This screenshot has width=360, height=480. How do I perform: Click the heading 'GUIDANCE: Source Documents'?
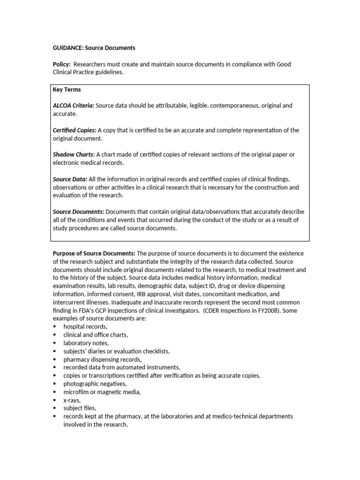[x=94, y=48]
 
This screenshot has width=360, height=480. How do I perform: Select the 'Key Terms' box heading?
[x=67, y=90]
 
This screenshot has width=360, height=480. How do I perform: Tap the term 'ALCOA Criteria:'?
[x=74, y=105]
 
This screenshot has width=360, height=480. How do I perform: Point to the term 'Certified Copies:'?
[x=75, y=130]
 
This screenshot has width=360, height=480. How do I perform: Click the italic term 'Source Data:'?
[x=70, y=179]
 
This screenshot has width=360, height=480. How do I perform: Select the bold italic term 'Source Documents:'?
[x=78, y=212]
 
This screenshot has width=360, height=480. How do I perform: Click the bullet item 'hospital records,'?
[x=85, y=327]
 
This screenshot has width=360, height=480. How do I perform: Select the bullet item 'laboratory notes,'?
[x=86, y=343]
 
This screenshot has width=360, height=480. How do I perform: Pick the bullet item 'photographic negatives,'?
[x=95, y=383]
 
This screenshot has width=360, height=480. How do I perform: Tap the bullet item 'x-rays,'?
[x=72, y=400]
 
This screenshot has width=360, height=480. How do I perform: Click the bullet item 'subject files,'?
[x=80, y=408]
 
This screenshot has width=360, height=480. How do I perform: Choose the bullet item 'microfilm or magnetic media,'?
[x=102, y=392]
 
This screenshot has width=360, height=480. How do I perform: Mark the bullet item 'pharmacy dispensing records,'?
[x=102, y=359]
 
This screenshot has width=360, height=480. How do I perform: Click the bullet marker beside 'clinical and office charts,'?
[x=55, y=335]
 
